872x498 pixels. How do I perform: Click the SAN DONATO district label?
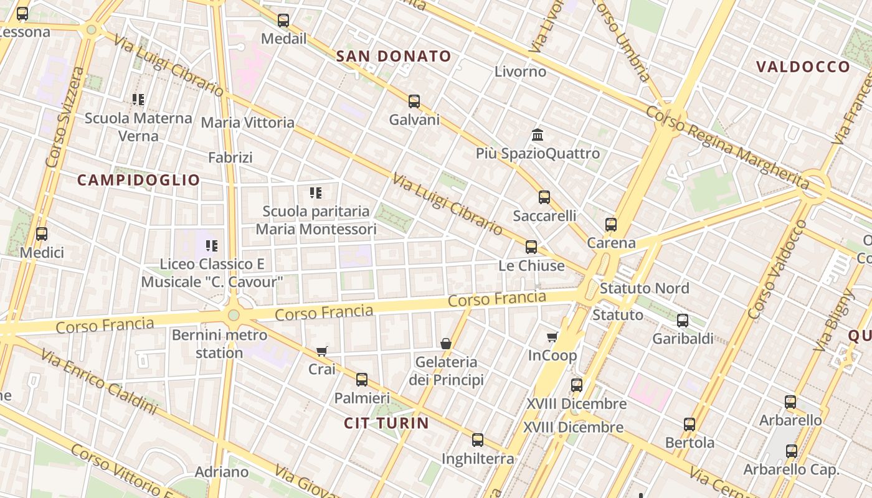[x=394, y=57]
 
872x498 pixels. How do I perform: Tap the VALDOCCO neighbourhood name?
[x=803, y=67]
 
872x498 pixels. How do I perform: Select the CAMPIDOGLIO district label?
[x=138, y=181]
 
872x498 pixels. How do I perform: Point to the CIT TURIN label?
[x=386, y=423]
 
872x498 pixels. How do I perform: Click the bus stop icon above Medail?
[x=283, y=21]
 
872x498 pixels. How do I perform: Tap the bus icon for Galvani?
[x=414, y=101]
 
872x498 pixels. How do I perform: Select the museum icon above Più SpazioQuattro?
[x=538, y=135]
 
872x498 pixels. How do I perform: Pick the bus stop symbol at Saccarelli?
[x=544, y=198]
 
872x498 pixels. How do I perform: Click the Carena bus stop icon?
[x=611, y=225]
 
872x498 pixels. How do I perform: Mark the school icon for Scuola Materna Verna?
[x=138, y=100]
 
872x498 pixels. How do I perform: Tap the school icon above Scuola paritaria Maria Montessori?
[x=316, y=193]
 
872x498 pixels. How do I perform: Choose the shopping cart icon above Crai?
[x=322, y=351]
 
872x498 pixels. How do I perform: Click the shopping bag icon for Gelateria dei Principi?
[x=446, y=344]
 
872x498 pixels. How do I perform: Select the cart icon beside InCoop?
[x=552, y=337]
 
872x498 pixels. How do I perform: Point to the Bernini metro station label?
[x=219, y=344]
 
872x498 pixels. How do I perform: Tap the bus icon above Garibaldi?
[x=683, y=321]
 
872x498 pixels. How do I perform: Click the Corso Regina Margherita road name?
[x=727, y=146]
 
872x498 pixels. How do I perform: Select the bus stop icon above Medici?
[x=42, y=234]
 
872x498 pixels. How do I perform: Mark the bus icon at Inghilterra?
[x=478, y=440]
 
